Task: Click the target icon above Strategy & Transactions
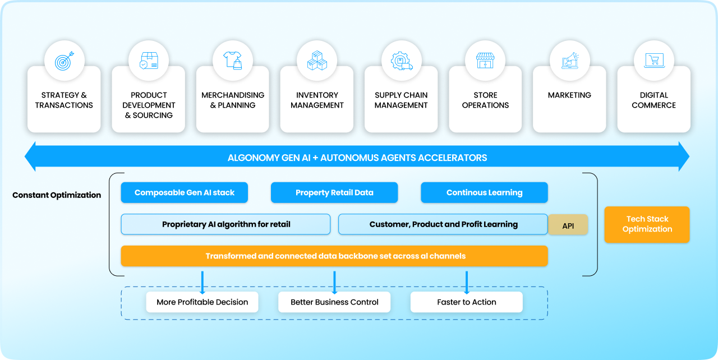(x=64, y=61)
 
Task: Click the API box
(x=568, y=225)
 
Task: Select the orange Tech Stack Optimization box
(x=647, y=224)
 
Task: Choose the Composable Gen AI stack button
(x=184, y=192)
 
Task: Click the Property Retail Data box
(x=334, y=192)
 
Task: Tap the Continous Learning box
(x=484, y=192)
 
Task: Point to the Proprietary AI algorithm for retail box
(x=225, y=224)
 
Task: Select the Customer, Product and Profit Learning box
(x=443, y=224)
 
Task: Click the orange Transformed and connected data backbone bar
(x=334, y=256)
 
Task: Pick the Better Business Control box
(x=334, y=302)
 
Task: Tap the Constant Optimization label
(x=57, y=195)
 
